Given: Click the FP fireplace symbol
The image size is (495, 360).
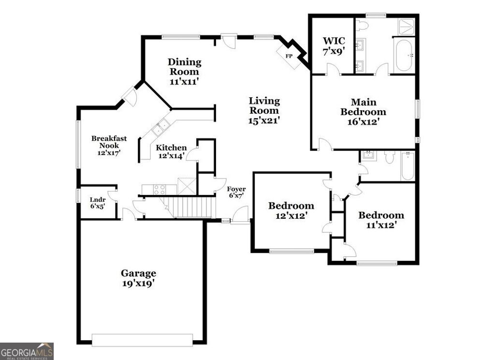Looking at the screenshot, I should pos(289,56).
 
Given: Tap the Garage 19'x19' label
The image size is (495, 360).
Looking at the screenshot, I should pos(138,279).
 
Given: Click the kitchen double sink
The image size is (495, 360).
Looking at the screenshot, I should pos(161,128).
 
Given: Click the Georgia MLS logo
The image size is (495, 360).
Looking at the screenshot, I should pos(27,351).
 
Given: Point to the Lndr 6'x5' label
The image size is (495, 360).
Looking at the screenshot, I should pos(97,202).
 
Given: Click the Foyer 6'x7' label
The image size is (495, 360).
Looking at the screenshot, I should pos(236,192).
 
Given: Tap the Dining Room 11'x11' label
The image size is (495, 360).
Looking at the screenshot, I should pos(184,72).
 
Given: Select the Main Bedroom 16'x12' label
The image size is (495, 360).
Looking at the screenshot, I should pos(363,112).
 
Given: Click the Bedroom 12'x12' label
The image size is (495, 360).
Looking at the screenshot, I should pos(291,211).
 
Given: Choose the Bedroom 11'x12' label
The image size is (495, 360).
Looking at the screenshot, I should pos(381,220).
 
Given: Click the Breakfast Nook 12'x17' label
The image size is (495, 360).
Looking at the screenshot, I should pos(109,145).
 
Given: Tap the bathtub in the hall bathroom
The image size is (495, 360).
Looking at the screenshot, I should pos(408,165).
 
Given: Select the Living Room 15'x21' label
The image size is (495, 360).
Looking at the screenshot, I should pos(264,111).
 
